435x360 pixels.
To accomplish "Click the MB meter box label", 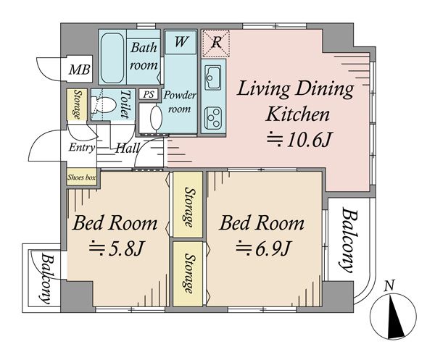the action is (79, 70).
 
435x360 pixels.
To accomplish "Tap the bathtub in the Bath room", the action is (112, 58).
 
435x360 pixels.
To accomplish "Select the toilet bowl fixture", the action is (103, 104).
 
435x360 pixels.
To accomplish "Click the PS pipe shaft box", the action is (149, 94).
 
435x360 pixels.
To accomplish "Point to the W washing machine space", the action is (181, 42).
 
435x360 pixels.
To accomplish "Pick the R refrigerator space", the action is (216, 43).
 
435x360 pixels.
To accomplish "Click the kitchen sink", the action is (212, 76).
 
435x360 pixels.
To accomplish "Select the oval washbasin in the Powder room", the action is (156, 117).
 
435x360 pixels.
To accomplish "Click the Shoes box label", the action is (81, 177).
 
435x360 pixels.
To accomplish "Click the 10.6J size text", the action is (299, 140).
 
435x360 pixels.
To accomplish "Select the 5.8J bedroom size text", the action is (116, 248).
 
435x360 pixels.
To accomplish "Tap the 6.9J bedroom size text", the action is (263, 248).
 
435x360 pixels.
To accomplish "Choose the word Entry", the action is (81, 147).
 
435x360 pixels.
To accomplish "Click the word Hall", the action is (127, 148).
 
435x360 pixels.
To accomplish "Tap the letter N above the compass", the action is (390, 285).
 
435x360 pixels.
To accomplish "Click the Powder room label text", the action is (180, 101).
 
